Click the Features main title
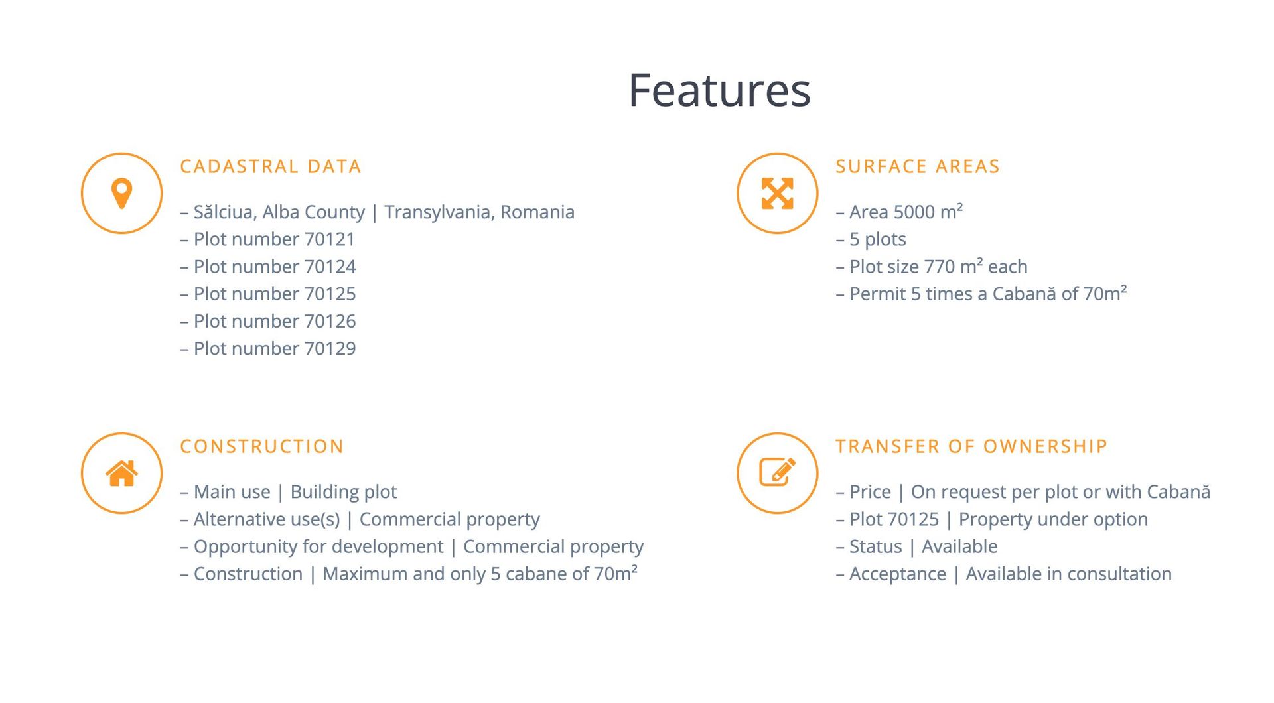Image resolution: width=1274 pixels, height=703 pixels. pos(719,90)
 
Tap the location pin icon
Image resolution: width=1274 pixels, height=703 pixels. pos(121,193)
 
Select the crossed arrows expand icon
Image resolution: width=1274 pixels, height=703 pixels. pos(777,193)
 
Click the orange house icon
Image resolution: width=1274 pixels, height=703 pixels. pos(121,473)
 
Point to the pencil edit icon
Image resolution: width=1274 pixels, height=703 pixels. pos(777,472)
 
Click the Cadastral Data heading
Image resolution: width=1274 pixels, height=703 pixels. pos(271,166)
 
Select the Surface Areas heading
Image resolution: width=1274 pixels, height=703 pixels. pos(918,166)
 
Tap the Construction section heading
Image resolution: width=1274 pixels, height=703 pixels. pos(262,446)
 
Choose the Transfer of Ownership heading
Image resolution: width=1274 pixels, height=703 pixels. pos(971,446)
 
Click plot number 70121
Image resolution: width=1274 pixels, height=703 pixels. pos(330,239)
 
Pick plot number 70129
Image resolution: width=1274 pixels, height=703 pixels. pos(330,348)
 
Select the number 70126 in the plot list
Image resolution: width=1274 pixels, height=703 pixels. pos(330,321)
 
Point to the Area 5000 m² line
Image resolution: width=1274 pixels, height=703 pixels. pos(899,212)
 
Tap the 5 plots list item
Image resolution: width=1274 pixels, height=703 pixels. pos(871,239)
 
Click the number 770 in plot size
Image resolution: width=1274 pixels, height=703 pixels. pos(939,267)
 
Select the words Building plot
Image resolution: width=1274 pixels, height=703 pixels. pos(344,492)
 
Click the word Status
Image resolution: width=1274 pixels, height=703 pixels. pos(876,546)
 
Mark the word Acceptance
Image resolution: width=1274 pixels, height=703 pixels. pos(898,574)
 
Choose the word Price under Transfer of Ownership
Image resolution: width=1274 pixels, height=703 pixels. pos(870,492)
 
